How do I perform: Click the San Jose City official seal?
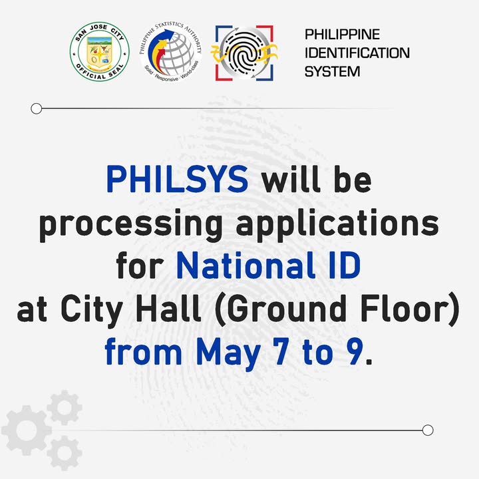click(100, 52)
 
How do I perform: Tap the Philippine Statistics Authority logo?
click(170, 52)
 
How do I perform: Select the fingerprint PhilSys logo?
click(244, 53)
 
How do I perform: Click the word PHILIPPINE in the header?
click(342, 34)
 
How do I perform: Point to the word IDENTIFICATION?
click(357, 53)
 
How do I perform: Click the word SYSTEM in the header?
click(333, 71)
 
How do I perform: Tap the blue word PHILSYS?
click(177, 179)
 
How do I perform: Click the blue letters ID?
click(345, 265)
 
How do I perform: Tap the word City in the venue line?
click(92, 311)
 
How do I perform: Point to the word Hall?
click(168, 308)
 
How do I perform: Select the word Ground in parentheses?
click(287, 309)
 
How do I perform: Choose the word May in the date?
click(228, 353)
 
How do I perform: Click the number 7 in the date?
click(282, 352)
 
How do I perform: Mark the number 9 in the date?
click(355, 352)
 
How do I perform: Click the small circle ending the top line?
click(37, 108)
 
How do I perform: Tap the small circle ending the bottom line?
click(428, 430)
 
